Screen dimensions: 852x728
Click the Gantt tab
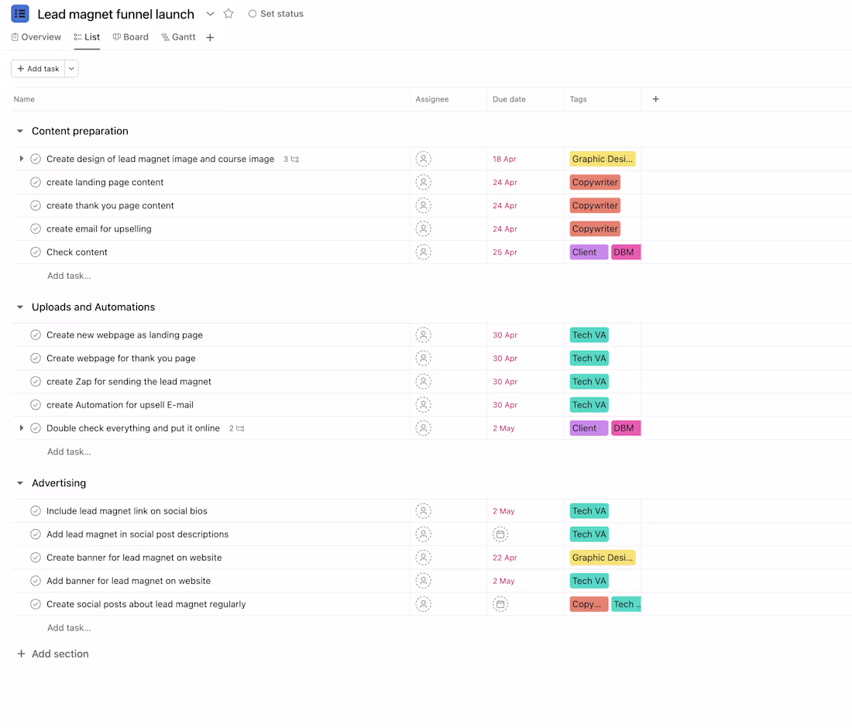(178, 37)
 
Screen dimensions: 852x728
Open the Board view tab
(130, 37)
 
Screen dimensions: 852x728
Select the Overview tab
(36, 37)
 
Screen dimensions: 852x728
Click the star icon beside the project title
(228, 14)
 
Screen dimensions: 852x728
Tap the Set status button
(276, 14)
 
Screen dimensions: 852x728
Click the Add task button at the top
(38, 68)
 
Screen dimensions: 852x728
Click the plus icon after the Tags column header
(656, 99)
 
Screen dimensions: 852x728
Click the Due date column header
(509, 99)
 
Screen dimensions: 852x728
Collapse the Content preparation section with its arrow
(20, 131)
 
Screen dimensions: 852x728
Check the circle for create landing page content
(36, 182)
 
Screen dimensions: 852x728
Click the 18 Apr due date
(504, 160)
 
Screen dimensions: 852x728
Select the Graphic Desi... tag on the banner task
(603, 558)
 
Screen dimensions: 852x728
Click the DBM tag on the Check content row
(626, 252)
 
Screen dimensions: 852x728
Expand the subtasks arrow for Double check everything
(21, 428)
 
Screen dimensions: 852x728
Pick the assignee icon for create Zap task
(423, 381)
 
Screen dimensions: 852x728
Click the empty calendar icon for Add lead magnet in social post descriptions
(500, 534)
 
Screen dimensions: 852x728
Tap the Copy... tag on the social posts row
(589, 604)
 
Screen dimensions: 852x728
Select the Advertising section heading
(59, 483)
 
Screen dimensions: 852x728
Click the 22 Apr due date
(505, 558)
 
